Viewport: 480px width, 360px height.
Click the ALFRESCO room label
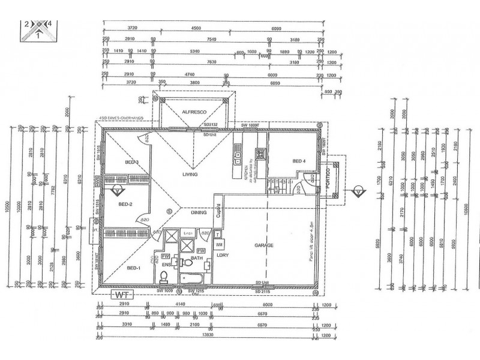point(195,112)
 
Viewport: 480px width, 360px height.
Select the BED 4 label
point(299,161)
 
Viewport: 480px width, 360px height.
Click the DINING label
point(199,212)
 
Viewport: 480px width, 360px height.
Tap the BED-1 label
point(133,268)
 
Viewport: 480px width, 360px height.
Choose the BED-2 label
point(125,204)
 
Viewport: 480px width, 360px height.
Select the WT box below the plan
point(122,295)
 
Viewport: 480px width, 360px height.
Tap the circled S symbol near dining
point(170,211)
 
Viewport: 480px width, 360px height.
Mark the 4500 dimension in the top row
point(196,28)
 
